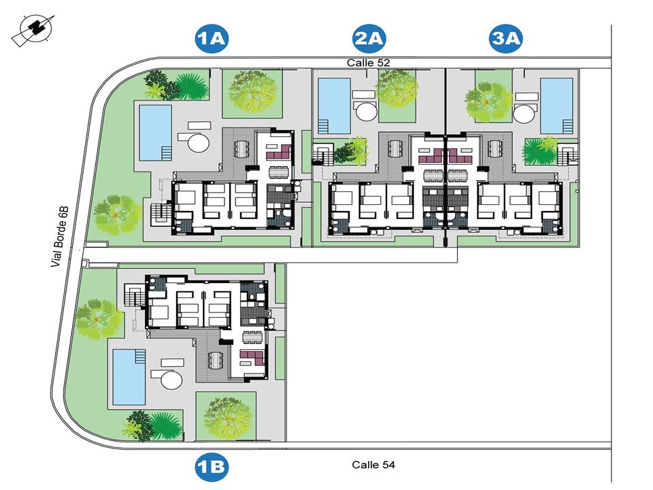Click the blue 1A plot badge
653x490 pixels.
click(211, 39)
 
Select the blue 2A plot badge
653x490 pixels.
click(369, 39)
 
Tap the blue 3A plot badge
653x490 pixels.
click(505, 39)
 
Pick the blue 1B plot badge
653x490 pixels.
click(211, 468)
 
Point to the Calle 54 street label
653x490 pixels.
click(373, 465)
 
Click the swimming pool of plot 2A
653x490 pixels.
click(334, 105)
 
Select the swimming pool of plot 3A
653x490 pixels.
click(556, 105)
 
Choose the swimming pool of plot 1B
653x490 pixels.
click(129, 376)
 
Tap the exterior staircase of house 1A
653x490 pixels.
click(160, 214)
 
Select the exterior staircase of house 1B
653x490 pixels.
click(133, 297)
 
